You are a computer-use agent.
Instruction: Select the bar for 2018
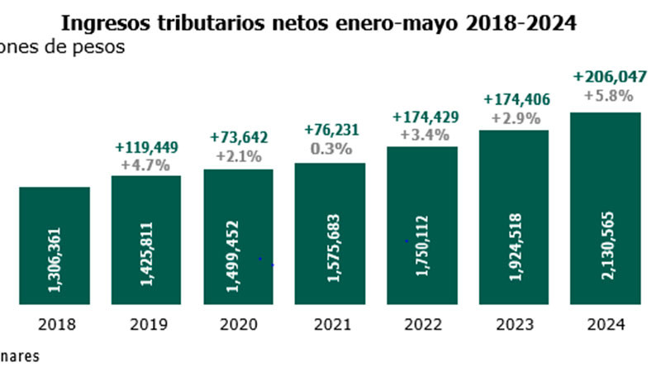(55, 244)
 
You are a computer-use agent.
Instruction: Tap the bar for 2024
(606, 207)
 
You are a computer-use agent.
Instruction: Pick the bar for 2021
(330, 232)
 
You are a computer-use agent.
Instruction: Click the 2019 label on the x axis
(146, 324)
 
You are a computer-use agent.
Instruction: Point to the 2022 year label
(422, 324)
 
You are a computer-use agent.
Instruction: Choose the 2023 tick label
(514, 324)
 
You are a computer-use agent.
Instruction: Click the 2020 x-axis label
(238, 324)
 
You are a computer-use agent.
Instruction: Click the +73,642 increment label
(239, 137)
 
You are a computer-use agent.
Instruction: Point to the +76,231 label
(330, 131)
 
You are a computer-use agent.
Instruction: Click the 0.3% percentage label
(330, 149)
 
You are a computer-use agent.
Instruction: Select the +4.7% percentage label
(146, 165)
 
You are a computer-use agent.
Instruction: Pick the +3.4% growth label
(423, 134)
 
